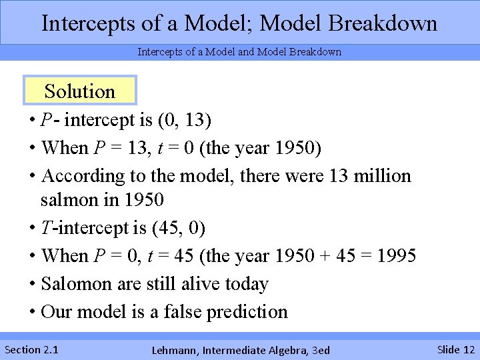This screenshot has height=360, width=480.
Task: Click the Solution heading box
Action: [x=80, y=91]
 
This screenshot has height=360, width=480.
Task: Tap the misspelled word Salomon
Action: [x=76, y=283]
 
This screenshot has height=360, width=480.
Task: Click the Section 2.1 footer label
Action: [x=31, y=349]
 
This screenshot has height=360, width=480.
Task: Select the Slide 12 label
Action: [x=456, y=349]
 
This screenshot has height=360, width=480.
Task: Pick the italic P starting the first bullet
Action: [x=47, y=120]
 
